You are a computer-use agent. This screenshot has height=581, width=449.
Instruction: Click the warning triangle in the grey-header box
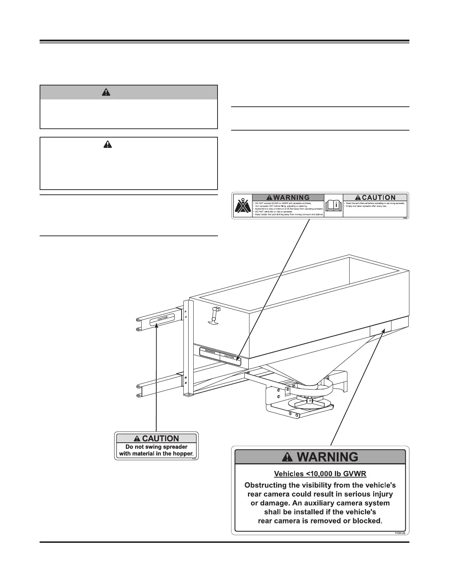(x=106, y=92)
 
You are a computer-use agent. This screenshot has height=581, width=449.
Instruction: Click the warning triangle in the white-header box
(x=107, y=145)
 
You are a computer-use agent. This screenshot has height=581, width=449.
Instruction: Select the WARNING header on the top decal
(x=288, y=198)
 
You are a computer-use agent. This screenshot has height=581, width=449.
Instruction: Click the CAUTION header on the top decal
(x=375, y=198)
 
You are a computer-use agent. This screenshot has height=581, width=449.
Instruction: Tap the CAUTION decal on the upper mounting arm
(x=163, y=318)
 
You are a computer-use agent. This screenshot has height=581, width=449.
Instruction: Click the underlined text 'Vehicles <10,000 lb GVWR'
(x=320, y=474)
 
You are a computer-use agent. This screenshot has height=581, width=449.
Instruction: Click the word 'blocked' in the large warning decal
(x=366, y=521)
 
